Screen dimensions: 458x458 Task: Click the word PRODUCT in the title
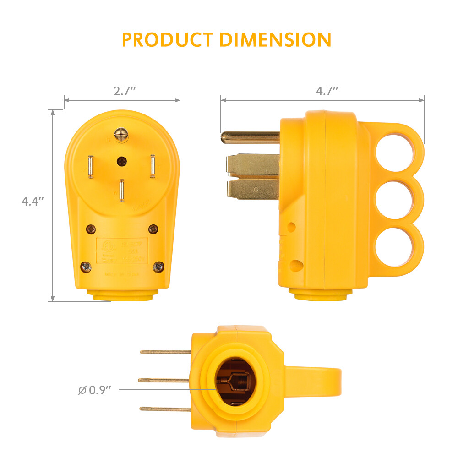(168, 40)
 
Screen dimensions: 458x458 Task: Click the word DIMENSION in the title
(275, 40)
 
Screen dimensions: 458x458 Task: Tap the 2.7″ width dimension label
(125, 91)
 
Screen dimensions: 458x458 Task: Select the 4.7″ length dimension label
(327, 91)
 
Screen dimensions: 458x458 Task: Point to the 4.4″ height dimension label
(33, 201)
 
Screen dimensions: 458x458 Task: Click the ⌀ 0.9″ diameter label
(95, 390)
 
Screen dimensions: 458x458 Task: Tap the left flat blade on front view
(91, 167)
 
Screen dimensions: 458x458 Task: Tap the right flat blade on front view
(152, 167)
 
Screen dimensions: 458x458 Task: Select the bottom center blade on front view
(121, 191)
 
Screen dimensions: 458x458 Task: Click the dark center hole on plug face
(122, 161)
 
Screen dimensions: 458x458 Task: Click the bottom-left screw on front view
(86, 266)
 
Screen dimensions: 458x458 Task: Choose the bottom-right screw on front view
(158, 266)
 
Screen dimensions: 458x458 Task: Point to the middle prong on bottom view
(164, 380)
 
